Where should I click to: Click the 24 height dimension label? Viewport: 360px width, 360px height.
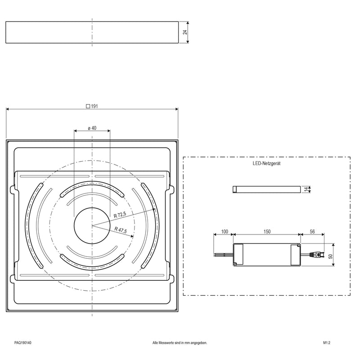[185, 32]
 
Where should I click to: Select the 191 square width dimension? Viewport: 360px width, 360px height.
[92, 106]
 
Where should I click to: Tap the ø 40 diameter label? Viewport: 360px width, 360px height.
[92, 128]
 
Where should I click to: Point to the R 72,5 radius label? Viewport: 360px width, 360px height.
[120, 215]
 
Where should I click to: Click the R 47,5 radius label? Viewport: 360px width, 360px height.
[121, 230]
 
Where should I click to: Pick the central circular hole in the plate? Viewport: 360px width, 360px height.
[92, 226]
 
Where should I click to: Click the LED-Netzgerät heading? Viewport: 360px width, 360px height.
[266, 163]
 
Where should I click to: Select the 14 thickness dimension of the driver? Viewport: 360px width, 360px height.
[306, 189]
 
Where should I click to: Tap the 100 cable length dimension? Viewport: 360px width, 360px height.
[224, 231]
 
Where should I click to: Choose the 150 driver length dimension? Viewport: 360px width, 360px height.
[267, 231]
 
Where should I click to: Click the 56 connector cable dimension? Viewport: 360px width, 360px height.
[312, 231]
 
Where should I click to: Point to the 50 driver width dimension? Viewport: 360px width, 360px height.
[330, 256]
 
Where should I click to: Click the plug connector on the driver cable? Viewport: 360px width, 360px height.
[317, 254]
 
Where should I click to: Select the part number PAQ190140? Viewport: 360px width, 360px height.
[23, 343]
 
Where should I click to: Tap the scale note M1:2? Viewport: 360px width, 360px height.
[327, 343]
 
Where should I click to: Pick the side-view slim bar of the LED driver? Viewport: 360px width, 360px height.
[266, 189]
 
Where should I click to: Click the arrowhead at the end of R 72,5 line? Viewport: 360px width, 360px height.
[153, 209]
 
